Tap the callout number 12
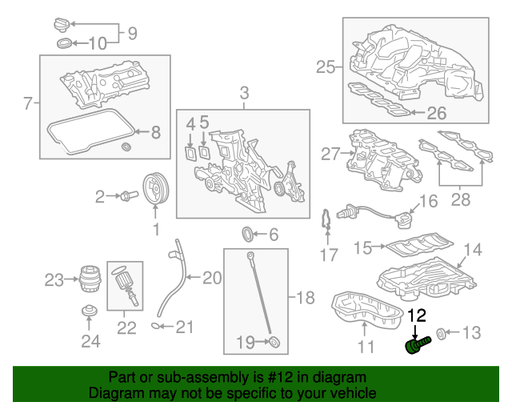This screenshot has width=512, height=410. (x=418, y=316)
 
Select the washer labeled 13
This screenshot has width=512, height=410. (x=441, y=332)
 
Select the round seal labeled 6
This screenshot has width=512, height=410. (x=250, y=235)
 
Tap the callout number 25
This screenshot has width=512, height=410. (x=326, y=67)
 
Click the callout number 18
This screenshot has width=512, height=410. (x=305, y=299)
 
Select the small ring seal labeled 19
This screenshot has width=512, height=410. (x=274, y=343)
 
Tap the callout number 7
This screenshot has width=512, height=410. (x=27, y=102)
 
